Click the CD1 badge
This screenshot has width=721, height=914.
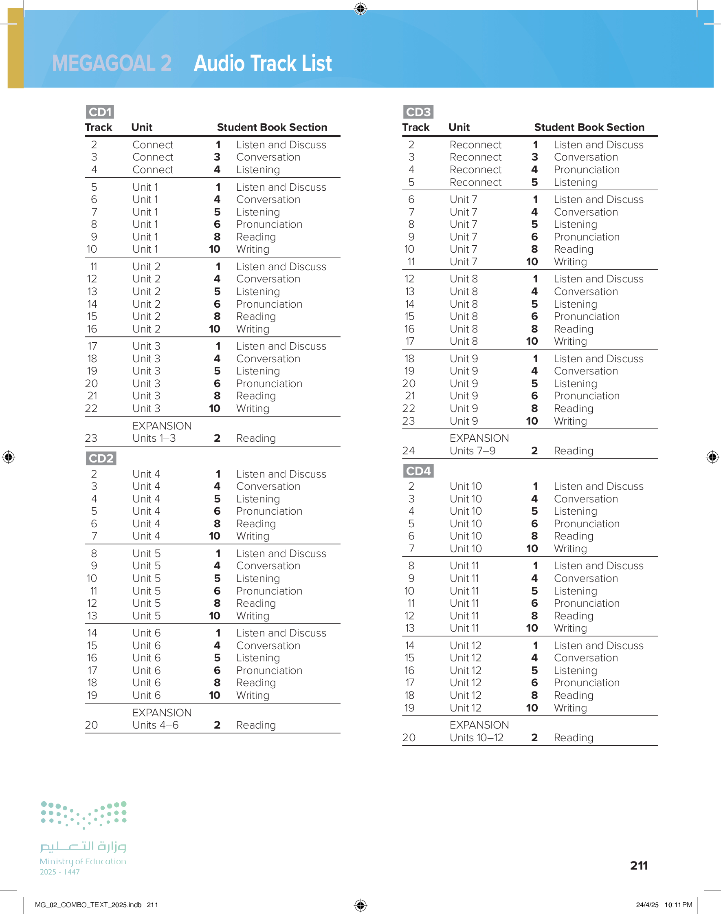coord(100,112)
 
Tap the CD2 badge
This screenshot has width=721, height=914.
coord(101,458)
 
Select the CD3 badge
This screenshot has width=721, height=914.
coord(418,112)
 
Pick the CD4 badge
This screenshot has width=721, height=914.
coord(418,471)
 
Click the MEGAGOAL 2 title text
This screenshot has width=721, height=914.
coord(112,63)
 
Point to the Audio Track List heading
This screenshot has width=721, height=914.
coord(263,63)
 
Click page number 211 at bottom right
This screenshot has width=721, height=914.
coord(639,866)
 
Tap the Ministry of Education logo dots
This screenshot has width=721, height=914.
coord(84,815)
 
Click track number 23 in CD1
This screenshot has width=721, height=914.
coord(91,438)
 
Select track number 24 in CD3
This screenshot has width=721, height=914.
coord(408,451)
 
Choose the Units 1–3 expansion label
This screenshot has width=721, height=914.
coord(154,438)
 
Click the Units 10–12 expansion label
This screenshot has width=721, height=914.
coord(476,738)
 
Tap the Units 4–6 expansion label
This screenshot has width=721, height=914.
coord(155,725)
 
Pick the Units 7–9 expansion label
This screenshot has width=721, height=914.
coord(473,451)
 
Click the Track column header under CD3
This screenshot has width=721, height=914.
coord(415,127)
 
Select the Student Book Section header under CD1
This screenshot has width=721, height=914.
coord(272,127)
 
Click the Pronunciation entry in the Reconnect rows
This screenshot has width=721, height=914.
coord(586,170)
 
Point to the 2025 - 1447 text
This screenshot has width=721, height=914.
coord(59,872)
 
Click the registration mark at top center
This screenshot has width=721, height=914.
coord(360,9)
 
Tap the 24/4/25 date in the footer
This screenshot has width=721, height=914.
coord(647,905)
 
